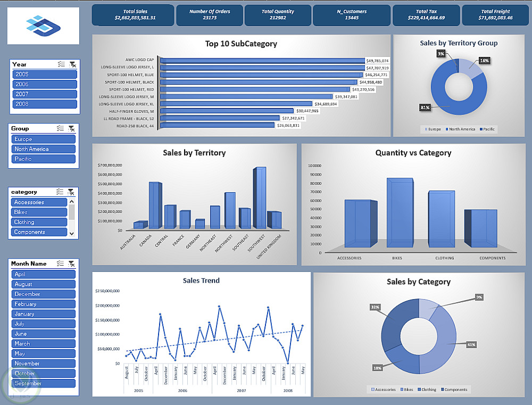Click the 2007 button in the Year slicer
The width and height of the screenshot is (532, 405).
pos(44,94)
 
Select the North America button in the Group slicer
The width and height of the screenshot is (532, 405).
pos(44,149)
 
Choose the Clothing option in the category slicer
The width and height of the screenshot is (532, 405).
pos(39,222)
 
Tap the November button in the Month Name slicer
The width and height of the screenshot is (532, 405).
pos(43,363)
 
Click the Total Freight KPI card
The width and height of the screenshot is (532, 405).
pos(495,15)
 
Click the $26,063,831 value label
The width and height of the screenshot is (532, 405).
pos(288,126)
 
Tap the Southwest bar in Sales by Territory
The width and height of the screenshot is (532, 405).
pos(259,198)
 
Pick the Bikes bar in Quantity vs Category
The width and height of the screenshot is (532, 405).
pos(400,213)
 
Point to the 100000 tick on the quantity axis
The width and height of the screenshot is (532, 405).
pos(314,166)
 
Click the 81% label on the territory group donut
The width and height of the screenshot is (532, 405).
pos(425,108)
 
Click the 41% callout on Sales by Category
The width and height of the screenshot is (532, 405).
pos(471,344)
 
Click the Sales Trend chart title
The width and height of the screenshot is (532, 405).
pos(201,280)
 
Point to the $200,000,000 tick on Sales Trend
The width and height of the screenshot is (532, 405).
pos(107,305)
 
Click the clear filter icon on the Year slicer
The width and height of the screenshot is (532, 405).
pos(72,64)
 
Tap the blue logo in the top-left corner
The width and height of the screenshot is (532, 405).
pos(43,25)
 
